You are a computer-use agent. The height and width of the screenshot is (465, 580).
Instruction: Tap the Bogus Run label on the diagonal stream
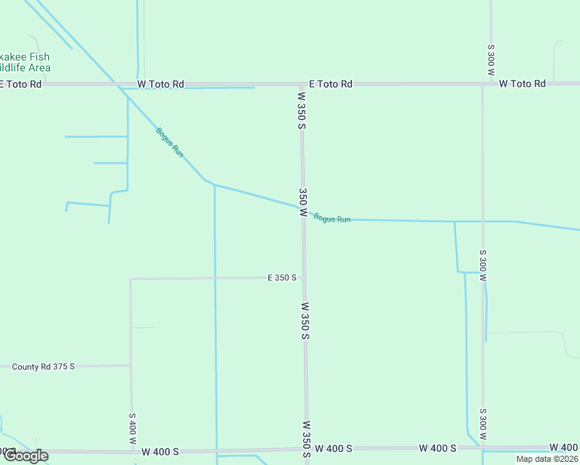169,143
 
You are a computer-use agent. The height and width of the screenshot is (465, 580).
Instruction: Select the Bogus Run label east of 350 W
332,219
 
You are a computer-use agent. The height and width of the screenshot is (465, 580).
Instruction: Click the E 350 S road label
281,277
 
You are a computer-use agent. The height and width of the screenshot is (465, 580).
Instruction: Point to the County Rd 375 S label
43,366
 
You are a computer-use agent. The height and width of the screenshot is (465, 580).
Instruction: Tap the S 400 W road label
132,428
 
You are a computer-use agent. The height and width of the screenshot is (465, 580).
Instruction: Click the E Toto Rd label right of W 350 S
330,84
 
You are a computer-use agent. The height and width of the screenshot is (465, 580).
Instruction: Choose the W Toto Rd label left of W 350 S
161,84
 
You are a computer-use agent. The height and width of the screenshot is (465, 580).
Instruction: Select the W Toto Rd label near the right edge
522,84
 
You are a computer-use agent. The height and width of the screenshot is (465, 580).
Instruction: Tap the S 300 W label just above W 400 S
482,425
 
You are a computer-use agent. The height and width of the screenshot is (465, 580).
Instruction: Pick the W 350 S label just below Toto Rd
302,111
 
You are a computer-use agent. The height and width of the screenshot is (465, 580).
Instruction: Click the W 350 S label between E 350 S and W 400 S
306,321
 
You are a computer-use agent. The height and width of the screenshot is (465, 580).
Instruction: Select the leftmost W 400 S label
161,451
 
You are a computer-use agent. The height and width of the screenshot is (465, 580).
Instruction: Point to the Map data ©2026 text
546,459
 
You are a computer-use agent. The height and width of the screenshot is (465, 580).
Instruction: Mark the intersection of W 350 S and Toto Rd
302,84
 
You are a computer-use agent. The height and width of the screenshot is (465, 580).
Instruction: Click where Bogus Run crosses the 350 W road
302,208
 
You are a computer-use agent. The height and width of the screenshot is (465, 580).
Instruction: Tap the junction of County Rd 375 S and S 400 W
130,365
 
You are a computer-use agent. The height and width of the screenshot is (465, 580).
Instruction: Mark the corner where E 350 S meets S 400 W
130,279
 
